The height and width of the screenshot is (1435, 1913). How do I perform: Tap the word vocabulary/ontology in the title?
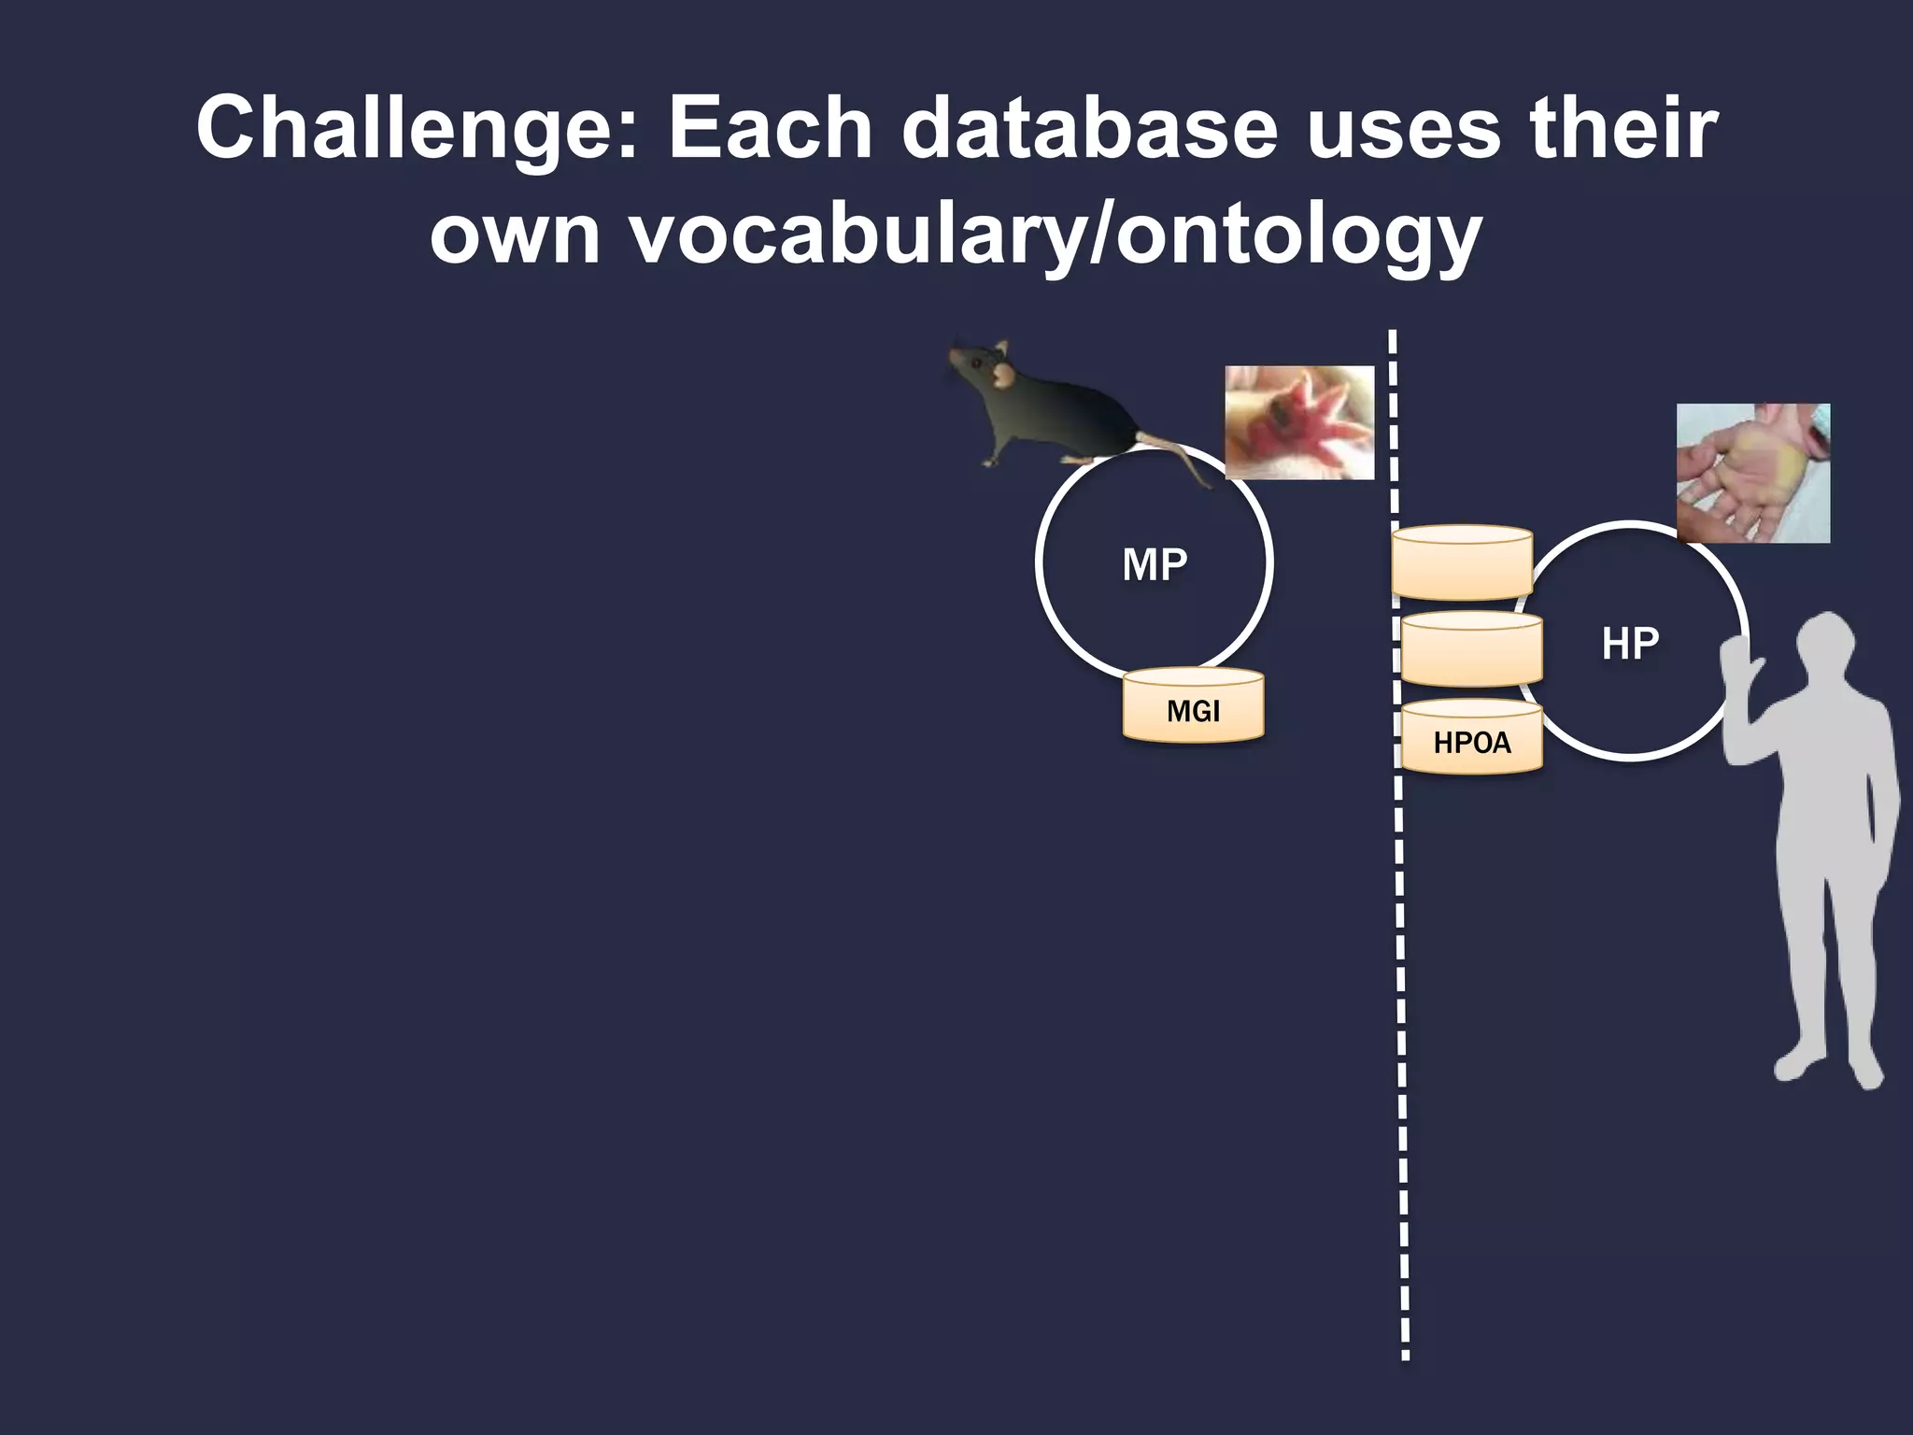1056,235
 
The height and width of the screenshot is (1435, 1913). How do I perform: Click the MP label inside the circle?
1155,564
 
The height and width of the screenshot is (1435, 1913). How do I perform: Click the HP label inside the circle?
1630,644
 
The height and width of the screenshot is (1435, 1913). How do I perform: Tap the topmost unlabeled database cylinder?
1462,563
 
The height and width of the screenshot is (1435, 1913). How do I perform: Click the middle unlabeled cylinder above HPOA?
1471,650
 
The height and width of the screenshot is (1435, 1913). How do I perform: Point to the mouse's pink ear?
1003,376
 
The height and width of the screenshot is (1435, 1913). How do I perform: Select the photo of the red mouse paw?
1299,422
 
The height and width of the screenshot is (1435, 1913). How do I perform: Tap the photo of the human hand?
1753,473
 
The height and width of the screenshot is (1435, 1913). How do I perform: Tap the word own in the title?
515,235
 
